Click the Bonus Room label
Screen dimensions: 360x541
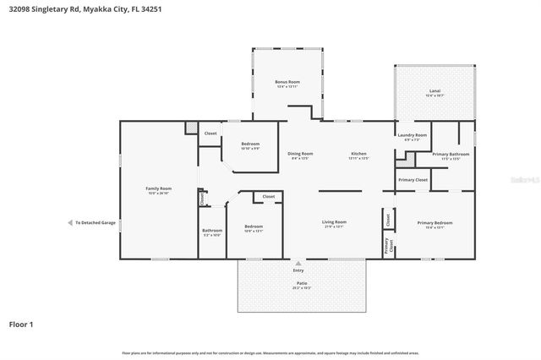pos(288,82)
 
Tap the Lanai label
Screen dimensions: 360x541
pos(434,90)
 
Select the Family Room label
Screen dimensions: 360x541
pos(159,188)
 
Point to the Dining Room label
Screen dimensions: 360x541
pos(302,153)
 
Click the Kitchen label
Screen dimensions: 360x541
pos(359,153)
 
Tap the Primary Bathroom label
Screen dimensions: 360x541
pos(445,154)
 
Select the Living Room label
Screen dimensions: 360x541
pos(335,222)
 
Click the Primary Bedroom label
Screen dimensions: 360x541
pos(434,222)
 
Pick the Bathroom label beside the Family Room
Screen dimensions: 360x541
pos(212,230)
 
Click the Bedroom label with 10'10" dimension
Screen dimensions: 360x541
pos(251,144)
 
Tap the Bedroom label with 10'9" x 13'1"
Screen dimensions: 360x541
pos(255,226)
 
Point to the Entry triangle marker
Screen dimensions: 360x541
pos(298,263)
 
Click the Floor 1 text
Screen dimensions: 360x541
pos(21,324)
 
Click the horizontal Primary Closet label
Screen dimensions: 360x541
pos(413,179)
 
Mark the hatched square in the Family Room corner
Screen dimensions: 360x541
pos(193,128)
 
